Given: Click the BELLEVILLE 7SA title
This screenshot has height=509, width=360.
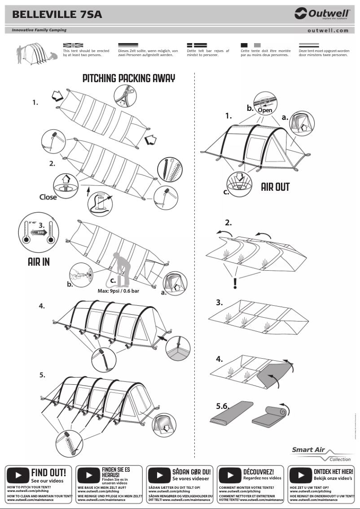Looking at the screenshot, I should pos(57,14).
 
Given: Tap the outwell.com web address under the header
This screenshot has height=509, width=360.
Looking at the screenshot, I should pos(328,31).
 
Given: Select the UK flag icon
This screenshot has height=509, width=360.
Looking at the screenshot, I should pos(73,45).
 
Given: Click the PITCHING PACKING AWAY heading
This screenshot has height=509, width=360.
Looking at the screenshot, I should pos(129,79).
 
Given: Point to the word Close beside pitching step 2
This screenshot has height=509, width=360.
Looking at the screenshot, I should pos(48,197).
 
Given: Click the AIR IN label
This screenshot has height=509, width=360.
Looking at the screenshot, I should pos(39,262).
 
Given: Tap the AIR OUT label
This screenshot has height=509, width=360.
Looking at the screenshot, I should pos(275,187).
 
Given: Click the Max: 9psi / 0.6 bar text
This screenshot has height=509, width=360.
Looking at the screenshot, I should pos(119,291).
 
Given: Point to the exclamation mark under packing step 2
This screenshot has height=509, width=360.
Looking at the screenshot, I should pos(235,284).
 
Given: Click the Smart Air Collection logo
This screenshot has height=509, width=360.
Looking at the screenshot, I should pos(320,454).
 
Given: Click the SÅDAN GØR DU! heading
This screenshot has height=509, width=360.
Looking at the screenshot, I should pos(191,472).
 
